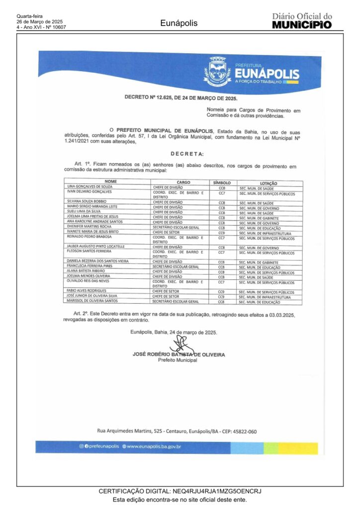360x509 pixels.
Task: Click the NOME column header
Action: click(107, 182)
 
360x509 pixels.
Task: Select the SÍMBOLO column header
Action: click(222, 182)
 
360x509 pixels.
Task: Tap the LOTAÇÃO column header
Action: click(269, 183)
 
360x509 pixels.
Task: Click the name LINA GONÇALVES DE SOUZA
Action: click(90, 187)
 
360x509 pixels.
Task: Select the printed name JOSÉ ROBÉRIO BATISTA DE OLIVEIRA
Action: click(179, 355)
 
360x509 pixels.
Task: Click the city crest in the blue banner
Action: click(218, 73)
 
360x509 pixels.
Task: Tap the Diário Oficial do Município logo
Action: click(302, 20)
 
